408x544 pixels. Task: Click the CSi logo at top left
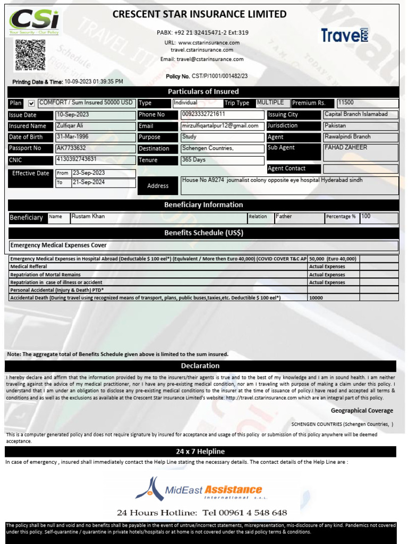click(x=35, y=22)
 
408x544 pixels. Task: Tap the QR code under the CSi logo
click(x=30, y=55)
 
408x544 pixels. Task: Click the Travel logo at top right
click(x=344, y=35)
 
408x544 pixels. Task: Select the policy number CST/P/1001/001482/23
click(x=219, y=76)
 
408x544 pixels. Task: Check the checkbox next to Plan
click(x=31, y=103)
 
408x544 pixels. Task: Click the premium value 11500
click(x=345, y=103)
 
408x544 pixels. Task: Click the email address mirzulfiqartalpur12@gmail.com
click(x=220, y=126)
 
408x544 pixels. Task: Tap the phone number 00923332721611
click(x=203, y=114)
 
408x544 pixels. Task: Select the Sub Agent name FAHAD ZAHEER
click(x=345, y=148)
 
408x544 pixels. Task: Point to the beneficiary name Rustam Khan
click(x=88, y=217)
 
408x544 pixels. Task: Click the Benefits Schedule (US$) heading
click(x=203, y=233)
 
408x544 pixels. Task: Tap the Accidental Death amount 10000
click(x=316, y=298)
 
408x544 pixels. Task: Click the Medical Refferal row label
click(x=29, y=267)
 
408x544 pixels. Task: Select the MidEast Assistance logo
click(x=198, y=489)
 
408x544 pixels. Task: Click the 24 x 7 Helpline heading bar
click(x=200, y=452)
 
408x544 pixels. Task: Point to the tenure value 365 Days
click(x=194, y=160)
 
